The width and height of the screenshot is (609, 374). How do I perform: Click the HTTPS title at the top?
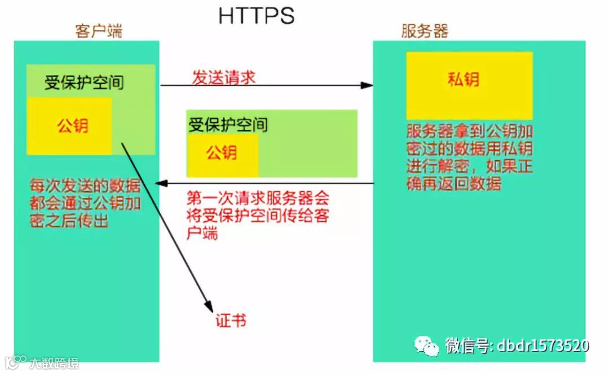pos(257,16)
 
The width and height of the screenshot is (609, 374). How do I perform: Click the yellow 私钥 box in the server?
pos(469,85)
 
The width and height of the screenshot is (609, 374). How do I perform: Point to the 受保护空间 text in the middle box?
pos(228,124)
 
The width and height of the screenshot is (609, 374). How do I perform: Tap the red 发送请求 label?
pos(224,77)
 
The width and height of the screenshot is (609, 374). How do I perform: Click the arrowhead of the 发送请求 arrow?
pos(368,86)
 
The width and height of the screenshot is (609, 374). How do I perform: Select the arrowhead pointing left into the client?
pos(161,183)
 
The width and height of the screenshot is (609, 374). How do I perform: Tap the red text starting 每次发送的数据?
pos(85,204)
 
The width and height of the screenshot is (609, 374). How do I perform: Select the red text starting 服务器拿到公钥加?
pos(470,157)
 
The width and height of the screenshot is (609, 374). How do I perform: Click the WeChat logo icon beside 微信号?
pos(427,346)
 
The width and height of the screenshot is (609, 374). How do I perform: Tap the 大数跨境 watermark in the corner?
pos(54,362)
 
